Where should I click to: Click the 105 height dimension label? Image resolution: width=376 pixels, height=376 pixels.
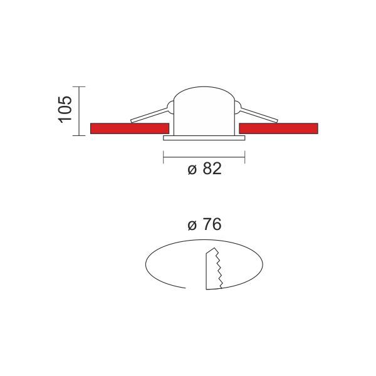[65, 110]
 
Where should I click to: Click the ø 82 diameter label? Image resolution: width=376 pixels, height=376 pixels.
[204, 169]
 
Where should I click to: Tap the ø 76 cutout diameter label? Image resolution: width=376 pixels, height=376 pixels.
[204, 225]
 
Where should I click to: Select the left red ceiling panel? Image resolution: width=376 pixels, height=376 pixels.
[130, 128]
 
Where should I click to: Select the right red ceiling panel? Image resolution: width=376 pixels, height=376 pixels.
[278, 128]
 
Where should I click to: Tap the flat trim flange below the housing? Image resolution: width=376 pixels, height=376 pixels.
[204, 138]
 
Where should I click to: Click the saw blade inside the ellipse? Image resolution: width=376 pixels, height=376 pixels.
[214, 269]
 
